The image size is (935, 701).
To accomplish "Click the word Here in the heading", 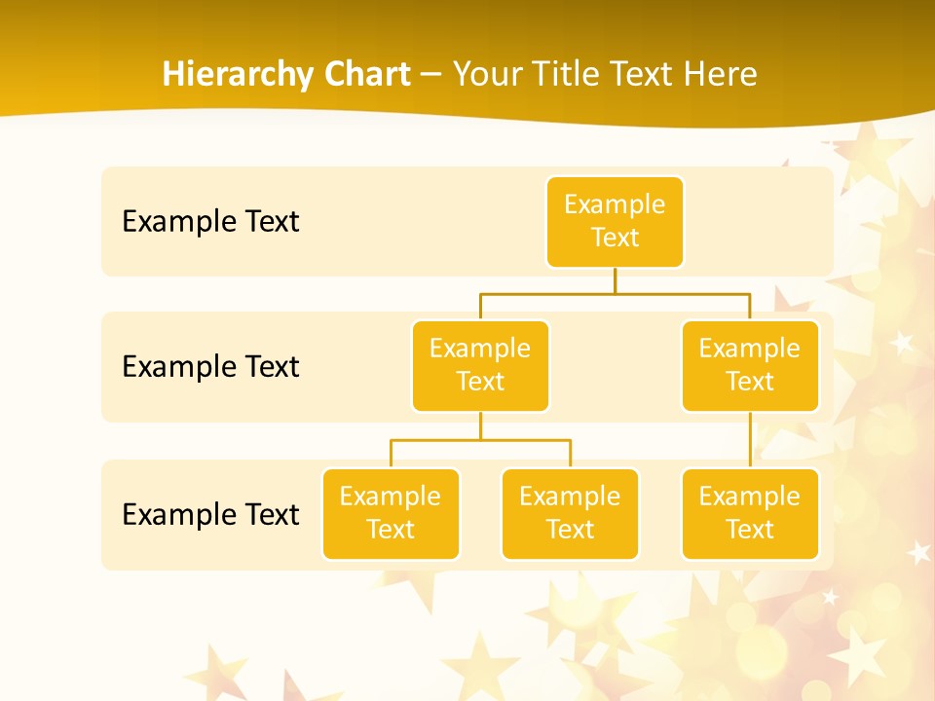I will [x=722, y=75].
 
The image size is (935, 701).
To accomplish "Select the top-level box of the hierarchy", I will [x=615, y=222].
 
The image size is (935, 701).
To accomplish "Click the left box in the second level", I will [x=480, y=366].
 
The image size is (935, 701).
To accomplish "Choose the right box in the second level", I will [x=750, y=366].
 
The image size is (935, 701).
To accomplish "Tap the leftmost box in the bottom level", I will [x=391, y=514].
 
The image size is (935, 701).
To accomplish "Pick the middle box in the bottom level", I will [x=570, y=514].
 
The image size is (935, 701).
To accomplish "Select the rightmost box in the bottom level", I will [x=750, y=514].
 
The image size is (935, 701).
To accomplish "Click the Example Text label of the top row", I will [x=210, y=222].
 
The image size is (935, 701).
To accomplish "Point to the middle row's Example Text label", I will [x=210, y=367].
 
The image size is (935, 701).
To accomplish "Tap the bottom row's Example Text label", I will [x=210, y=514].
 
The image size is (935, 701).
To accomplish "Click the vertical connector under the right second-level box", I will [x=750, y=440].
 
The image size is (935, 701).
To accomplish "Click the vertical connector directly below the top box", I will [x=615, y=280].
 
